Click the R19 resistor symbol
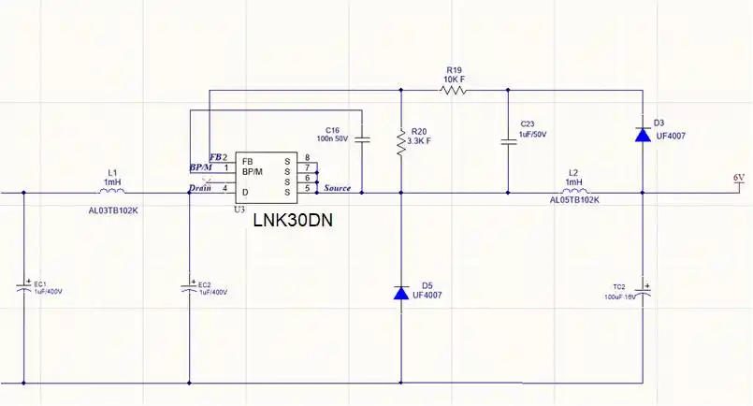click(455, 91)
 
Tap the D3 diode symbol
click(643, 134)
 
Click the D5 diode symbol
click(401, 293)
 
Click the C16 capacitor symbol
click(362, 139)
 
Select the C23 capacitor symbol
click(507, 141)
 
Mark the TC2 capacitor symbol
click(643, 291)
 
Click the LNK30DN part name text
click(293, 222)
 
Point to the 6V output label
click(739, 177)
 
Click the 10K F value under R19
click(456, 79)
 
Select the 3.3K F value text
click(420, 141)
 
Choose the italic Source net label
click(337, 188)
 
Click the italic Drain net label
click(200, 188)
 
